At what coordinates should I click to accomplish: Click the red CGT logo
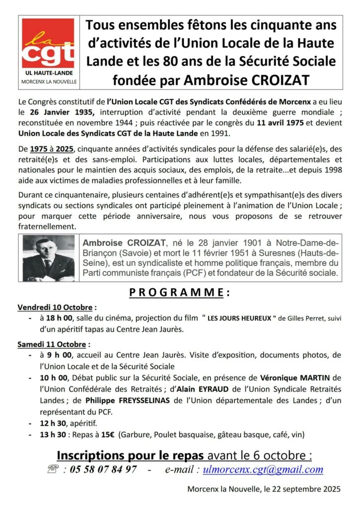coord(49,44)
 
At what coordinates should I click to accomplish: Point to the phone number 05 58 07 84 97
coord(98,469)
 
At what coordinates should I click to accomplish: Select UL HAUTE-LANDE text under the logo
coord(48,72)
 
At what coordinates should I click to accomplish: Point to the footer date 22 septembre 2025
coord(305,489)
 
